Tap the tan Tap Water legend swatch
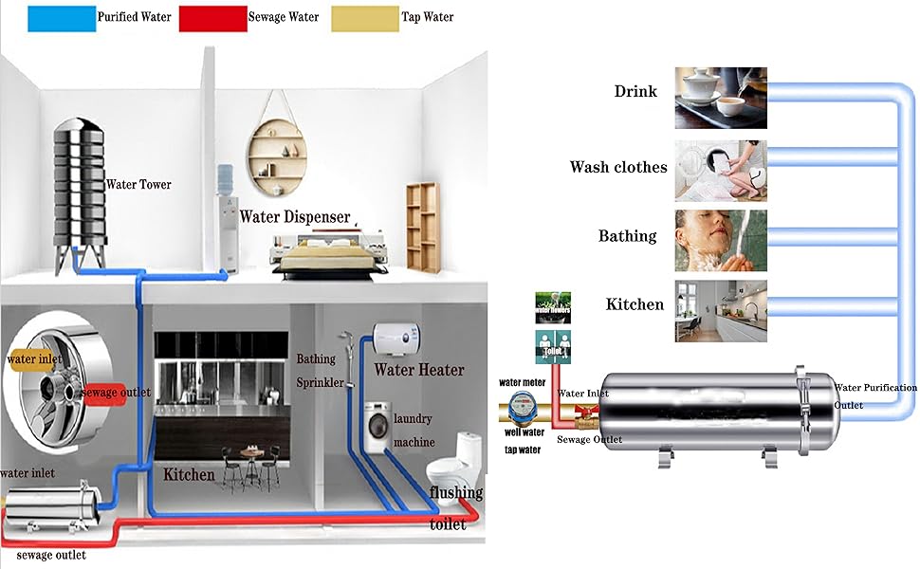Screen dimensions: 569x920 364,18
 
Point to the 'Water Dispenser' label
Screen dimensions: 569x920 294,216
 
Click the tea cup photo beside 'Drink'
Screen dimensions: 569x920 720,97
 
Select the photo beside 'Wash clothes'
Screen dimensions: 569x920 720,170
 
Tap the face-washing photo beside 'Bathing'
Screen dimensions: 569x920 720,240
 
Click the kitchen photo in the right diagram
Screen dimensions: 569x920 720,310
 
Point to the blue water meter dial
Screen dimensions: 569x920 522,409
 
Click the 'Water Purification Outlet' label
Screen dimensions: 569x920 874,395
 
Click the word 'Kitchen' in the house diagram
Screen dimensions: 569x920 189,473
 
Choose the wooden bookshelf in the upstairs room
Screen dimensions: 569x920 423,229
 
